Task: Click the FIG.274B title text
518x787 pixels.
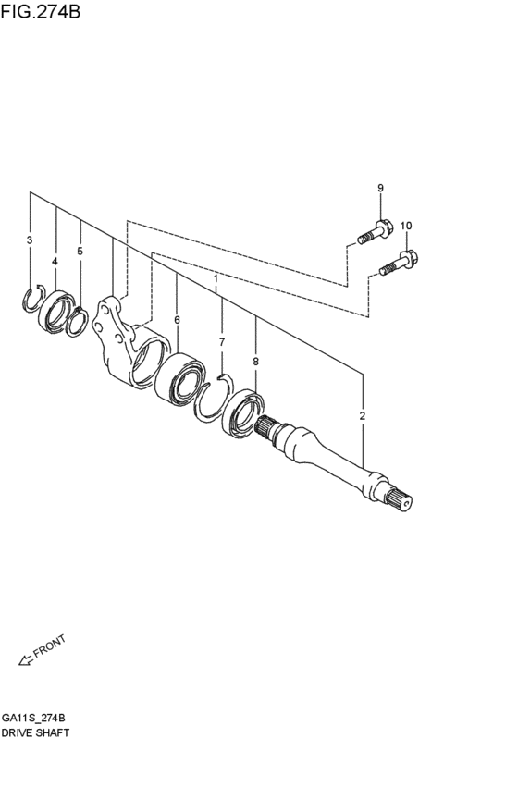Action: coord(41,11)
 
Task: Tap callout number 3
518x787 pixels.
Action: coord(30,240)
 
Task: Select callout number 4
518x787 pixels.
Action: coord(55,262)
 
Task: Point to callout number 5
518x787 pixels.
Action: coord(80,251)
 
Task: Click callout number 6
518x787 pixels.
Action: coord(177,320)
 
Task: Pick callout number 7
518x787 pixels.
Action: coord(222,342)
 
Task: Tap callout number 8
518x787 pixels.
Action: coord(256,361)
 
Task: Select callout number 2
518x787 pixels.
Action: coord(363,415)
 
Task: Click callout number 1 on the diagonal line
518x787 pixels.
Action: coord(216,278)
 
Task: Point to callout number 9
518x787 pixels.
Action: coord(380,188)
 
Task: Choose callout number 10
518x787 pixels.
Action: coord(406,226)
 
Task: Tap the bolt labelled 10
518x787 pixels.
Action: coord(399,263)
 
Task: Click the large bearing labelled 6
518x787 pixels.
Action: coord(179,378)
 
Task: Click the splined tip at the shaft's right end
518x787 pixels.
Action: coord(401,500)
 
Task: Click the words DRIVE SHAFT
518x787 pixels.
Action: coord(35,732)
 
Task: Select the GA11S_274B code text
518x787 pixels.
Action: coord(33,718)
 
